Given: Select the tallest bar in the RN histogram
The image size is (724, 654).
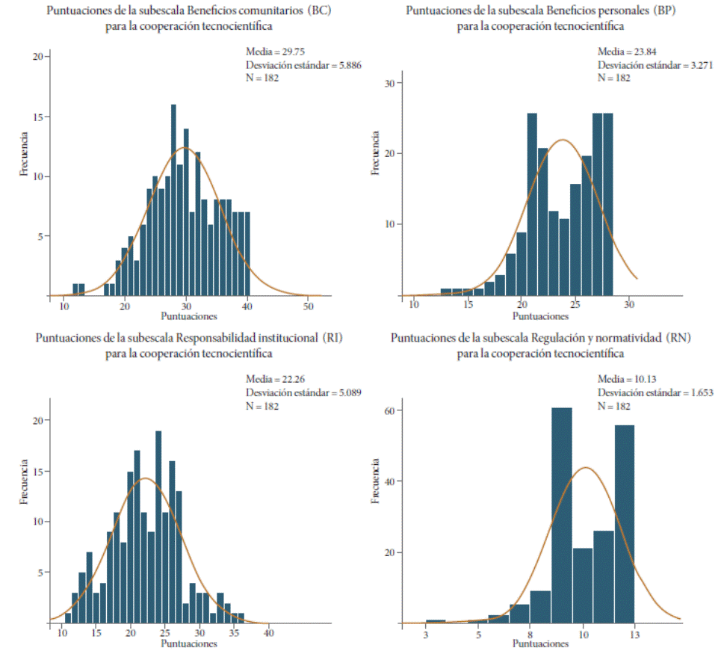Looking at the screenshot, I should point(561,516).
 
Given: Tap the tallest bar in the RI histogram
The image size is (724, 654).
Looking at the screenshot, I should point(158,526).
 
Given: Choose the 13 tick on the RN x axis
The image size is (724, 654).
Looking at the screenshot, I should point(634,635).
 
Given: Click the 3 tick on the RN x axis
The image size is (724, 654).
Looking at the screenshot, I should point(426,635).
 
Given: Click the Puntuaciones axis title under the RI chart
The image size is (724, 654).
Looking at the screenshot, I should point(189,644).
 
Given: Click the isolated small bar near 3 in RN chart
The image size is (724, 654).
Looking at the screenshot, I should point(436,621).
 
